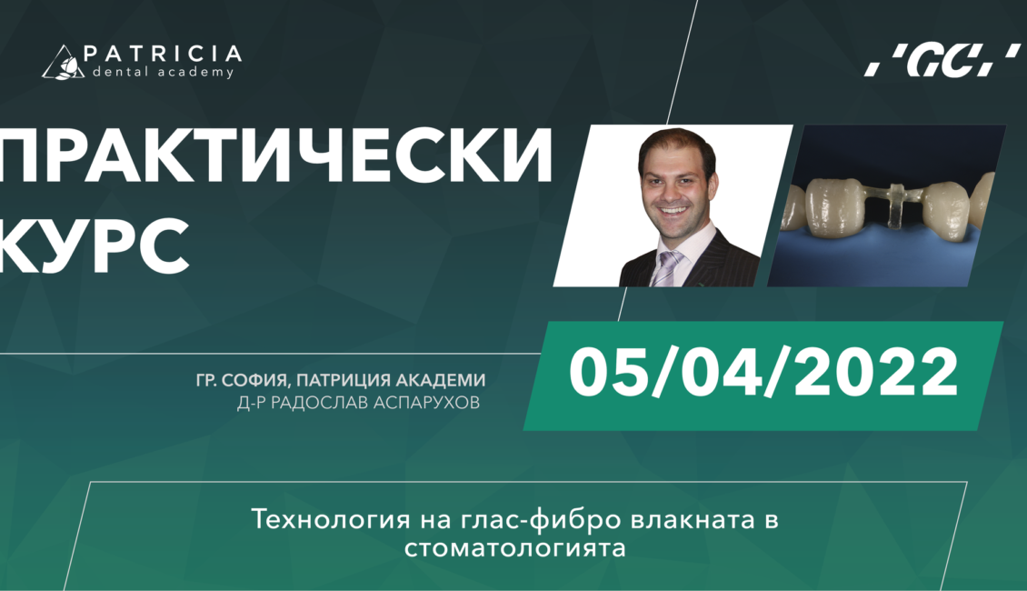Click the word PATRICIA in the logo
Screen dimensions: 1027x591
pos(163,54)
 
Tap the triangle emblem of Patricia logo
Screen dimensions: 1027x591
pos(63,63)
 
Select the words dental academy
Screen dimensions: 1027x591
pos(163,72)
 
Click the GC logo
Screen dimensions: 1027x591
pos(942,60)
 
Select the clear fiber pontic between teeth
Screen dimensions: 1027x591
pos(894,203)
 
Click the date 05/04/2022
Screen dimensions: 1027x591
pos(763,373)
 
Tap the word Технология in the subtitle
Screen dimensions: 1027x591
pos(332,519)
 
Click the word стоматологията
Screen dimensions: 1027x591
pos(514,547)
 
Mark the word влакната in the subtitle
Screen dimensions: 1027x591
pos(691,520)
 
